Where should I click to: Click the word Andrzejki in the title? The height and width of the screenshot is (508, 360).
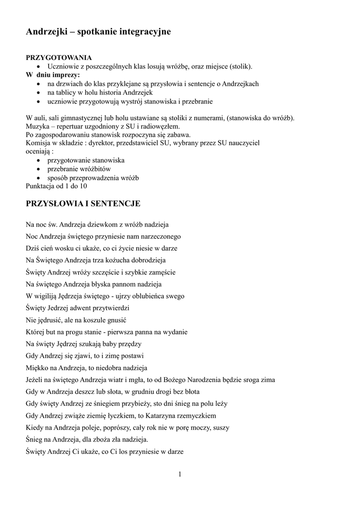46,32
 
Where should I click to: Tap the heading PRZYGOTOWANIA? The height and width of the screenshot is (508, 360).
59,58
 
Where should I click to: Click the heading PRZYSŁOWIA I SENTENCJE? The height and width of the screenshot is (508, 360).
83,203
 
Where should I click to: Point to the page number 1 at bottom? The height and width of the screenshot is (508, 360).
180,475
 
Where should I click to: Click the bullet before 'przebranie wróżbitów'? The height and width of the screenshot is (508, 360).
39,169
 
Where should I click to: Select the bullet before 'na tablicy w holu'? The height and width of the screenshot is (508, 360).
39,93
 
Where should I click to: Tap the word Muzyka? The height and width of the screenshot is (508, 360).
37,127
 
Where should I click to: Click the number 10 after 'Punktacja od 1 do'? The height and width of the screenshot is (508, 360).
83,186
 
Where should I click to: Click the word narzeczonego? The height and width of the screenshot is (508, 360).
158,237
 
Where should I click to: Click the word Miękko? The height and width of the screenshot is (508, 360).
36,368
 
